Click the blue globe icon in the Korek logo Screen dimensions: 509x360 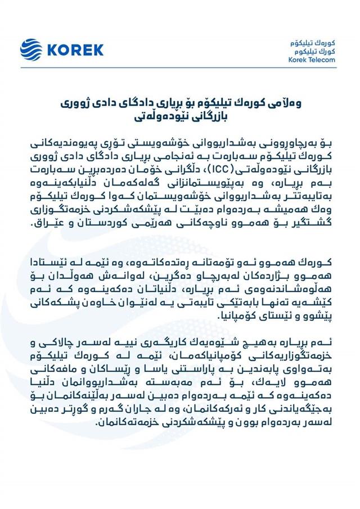(31, 49)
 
